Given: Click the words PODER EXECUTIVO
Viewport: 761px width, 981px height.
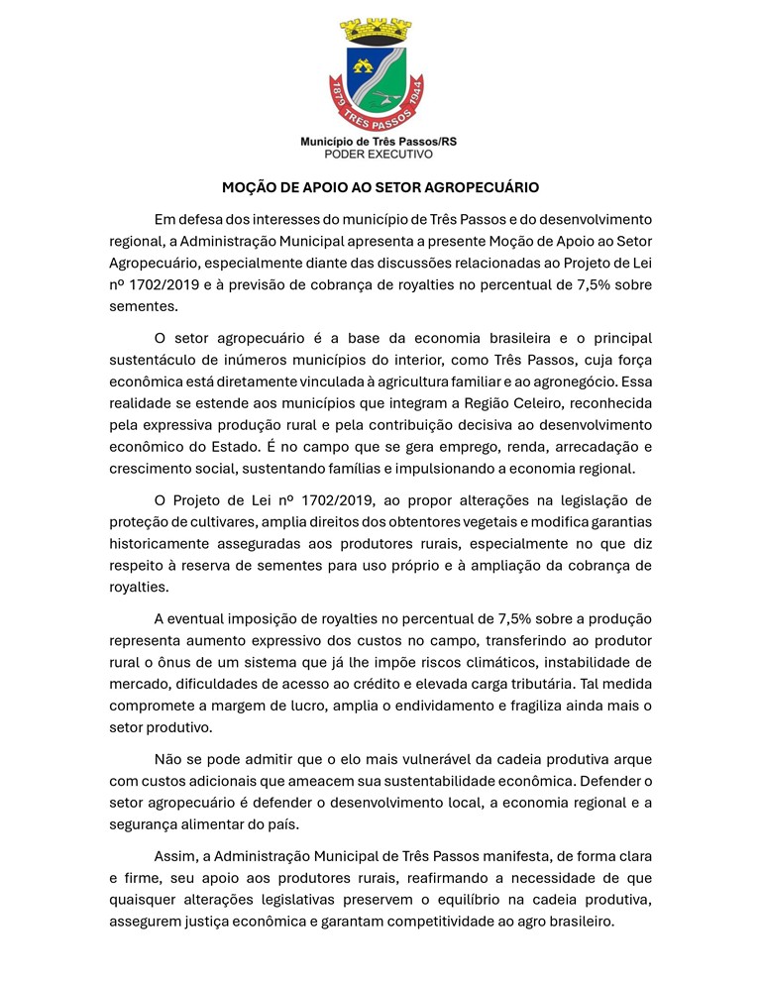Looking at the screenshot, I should pos(379,155).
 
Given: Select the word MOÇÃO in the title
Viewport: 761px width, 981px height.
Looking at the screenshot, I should pos(250,186).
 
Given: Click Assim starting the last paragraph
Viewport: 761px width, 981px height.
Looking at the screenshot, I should pos(175,856).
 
